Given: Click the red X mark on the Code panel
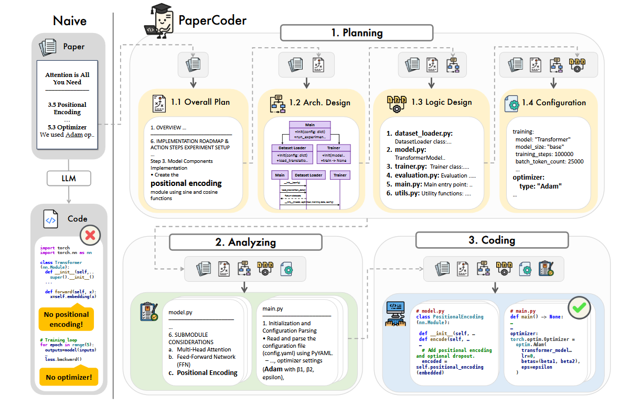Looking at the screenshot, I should point(90,235).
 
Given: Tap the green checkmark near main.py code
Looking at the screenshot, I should point(579,308).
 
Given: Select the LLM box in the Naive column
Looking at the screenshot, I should point(68,178).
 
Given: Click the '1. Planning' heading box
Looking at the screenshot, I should point(357,33).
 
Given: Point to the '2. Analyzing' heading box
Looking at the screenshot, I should point(245,242).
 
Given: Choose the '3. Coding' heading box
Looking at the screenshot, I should point(492,240).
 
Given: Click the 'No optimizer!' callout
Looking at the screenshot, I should point(68,377).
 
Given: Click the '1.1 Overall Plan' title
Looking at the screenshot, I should point(200,102).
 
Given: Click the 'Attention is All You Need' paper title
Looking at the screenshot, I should point(67,79).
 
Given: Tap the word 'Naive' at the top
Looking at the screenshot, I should point(70,21).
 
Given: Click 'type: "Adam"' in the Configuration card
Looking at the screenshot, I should point(540,186).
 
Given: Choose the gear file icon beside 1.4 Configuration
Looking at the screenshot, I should point(511,103).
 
